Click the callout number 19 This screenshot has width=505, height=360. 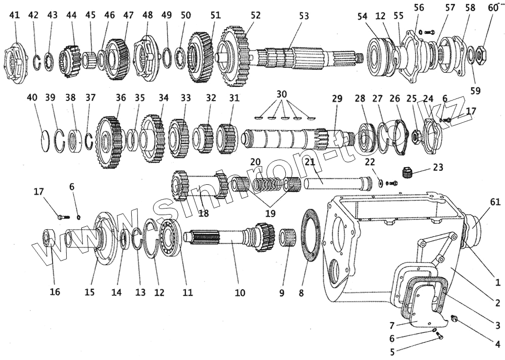click(x=270, y=214)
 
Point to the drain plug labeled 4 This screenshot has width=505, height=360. click(x=453, y=319)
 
